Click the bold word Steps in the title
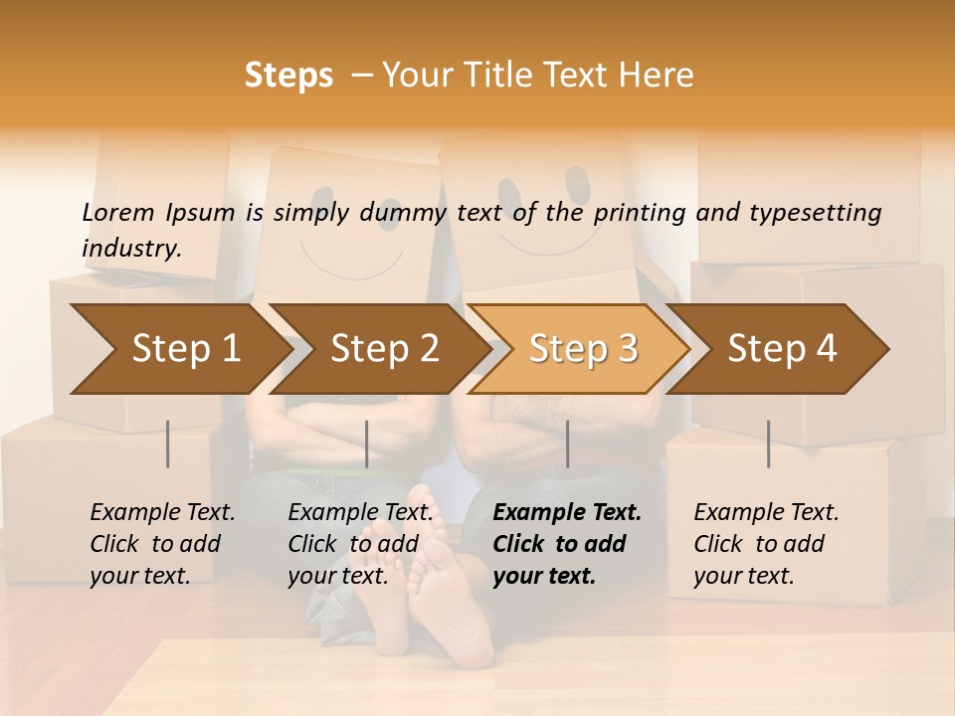click(x=288, y=76)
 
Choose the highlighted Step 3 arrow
click(x=583, y=348)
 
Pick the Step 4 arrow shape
click(x=782, y=348)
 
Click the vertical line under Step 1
click(x=168, y=444)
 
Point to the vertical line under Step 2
click(x=367, y=444)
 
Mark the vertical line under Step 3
click(x=567, y=444)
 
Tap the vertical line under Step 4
click(x=768, y=444)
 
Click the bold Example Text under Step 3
click(x=567, y=512)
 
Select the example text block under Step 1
click(x=162, y=544)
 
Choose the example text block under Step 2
click(x=360, y=544)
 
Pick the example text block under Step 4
click(x=766, y=544)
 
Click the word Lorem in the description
click(x=118, y=212)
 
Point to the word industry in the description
click(x=131, y=249)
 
